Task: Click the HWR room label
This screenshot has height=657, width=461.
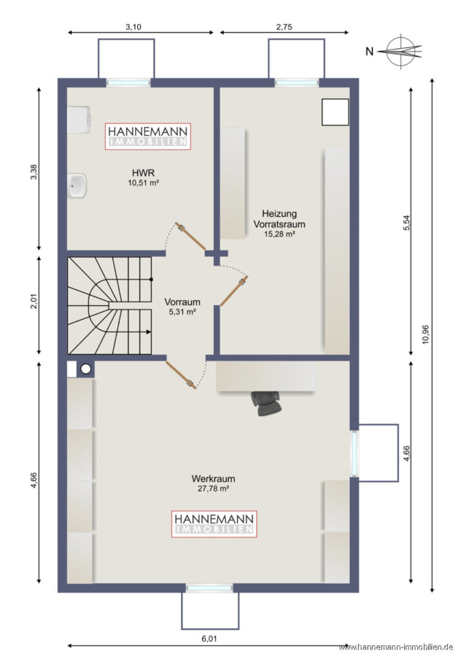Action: click(143, 172)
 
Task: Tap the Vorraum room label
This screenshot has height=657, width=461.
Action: click(182, 301)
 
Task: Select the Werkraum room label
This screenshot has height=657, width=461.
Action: click(213, 478)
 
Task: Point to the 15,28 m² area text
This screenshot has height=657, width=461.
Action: click(279, 234)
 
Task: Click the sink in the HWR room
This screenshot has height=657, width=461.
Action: click(77, 185)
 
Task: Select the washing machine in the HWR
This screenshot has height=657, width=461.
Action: click(79, 120)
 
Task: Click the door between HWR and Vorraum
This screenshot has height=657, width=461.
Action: click(191, 237)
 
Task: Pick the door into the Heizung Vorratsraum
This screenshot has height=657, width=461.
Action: click(234, 291)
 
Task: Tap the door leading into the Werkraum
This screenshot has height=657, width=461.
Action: click(182, 375)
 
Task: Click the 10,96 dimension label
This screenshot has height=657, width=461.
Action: click(426, 334)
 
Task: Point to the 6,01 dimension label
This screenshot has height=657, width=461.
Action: click(209, 639)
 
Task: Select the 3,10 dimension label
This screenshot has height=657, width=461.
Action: click(133, 27)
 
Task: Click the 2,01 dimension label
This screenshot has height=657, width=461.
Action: click(34, 301)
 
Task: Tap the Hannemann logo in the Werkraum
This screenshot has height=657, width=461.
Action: click(214, 523)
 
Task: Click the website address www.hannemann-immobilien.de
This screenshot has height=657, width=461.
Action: click(395, 647)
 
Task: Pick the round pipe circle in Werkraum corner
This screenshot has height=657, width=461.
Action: click(86, 369)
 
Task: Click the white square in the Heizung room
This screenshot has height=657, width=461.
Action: click(335, 112)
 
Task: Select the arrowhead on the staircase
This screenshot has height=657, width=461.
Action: click(148, 332)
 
